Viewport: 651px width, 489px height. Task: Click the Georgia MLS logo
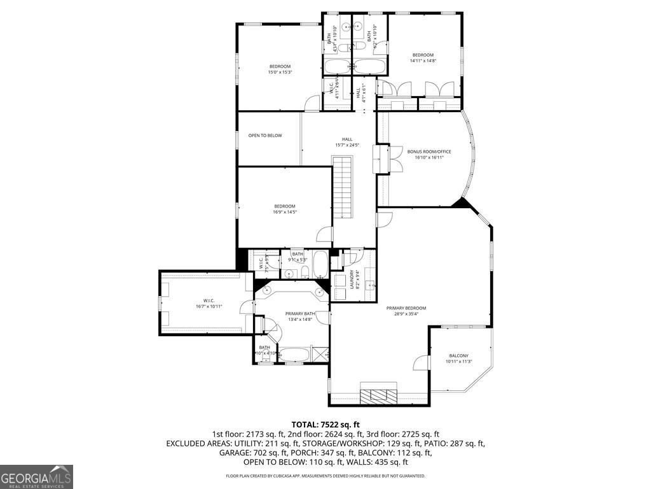tap(36, 476)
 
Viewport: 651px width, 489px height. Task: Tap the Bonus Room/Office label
tap(429, 154)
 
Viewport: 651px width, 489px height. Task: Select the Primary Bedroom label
tap(406, 311)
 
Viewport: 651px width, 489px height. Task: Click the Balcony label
tap(458, 358)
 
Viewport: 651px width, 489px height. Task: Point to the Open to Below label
tap(265, 136)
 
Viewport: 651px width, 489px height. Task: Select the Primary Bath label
tap(300, 316)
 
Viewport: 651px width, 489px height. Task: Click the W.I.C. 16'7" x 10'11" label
tap(208, 303)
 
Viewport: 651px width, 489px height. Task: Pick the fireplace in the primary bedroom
tap(379, 395)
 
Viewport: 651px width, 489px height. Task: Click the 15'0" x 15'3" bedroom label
tap(280, 69)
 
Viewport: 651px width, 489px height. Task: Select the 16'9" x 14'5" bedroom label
tap(285, 209)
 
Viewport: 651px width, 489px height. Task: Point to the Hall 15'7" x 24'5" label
tap(347, 142)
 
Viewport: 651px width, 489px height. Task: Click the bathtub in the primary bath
tap(294, 354)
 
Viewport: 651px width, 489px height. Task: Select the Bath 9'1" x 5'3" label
tap(298, 257)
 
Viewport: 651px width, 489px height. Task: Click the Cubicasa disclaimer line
tap(325, 476)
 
